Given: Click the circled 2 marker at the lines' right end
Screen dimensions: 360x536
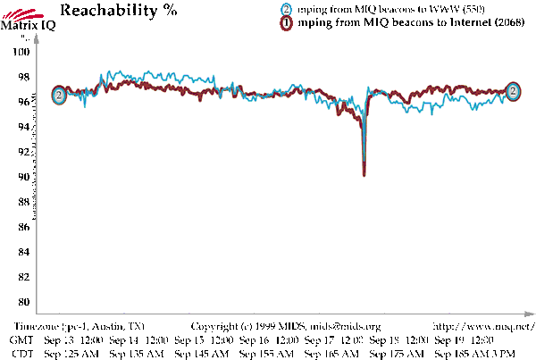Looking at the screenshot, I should (515, 90).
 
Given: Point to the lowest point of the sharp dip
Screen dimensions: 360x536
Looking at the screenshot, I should (364, 175).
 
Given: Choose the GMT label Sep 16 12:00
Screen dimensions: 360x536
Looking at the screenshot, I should (271, 340).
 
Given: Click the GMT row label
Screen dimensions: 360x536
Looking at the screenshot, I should (21, 340).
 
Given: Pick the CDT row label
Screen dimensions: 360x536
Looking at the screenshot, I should (21, 354).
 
